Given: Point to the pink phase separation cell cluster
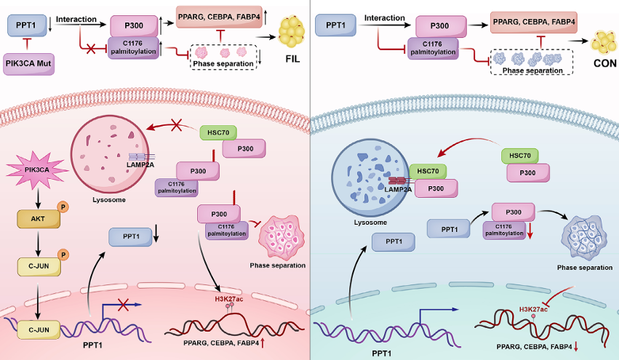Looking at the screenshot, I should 276,236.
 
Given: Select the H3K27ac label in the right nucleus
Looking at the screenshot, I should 532,310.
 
